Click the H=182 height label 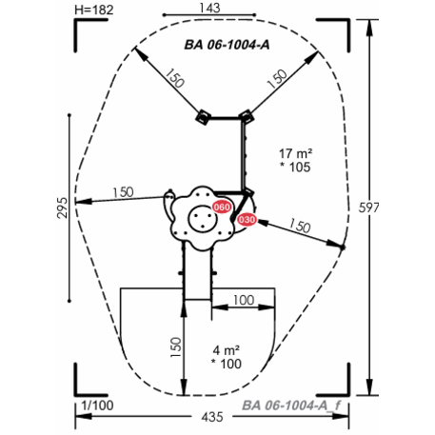tap(94, 10)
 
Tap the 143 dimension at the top tap(209, 8)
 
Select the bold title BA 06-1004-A tap(227, 45)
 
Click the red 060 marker tap(222, 208)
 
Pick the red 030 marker tap(247, 220)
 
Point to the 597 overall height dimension tap(368, 208)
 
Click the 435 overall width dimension tap(212, 417)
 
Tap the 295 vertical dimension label tap(63, 208)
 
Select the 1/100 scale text tap(97, 405)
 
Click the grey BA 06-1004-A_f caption tap(291, 405)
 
